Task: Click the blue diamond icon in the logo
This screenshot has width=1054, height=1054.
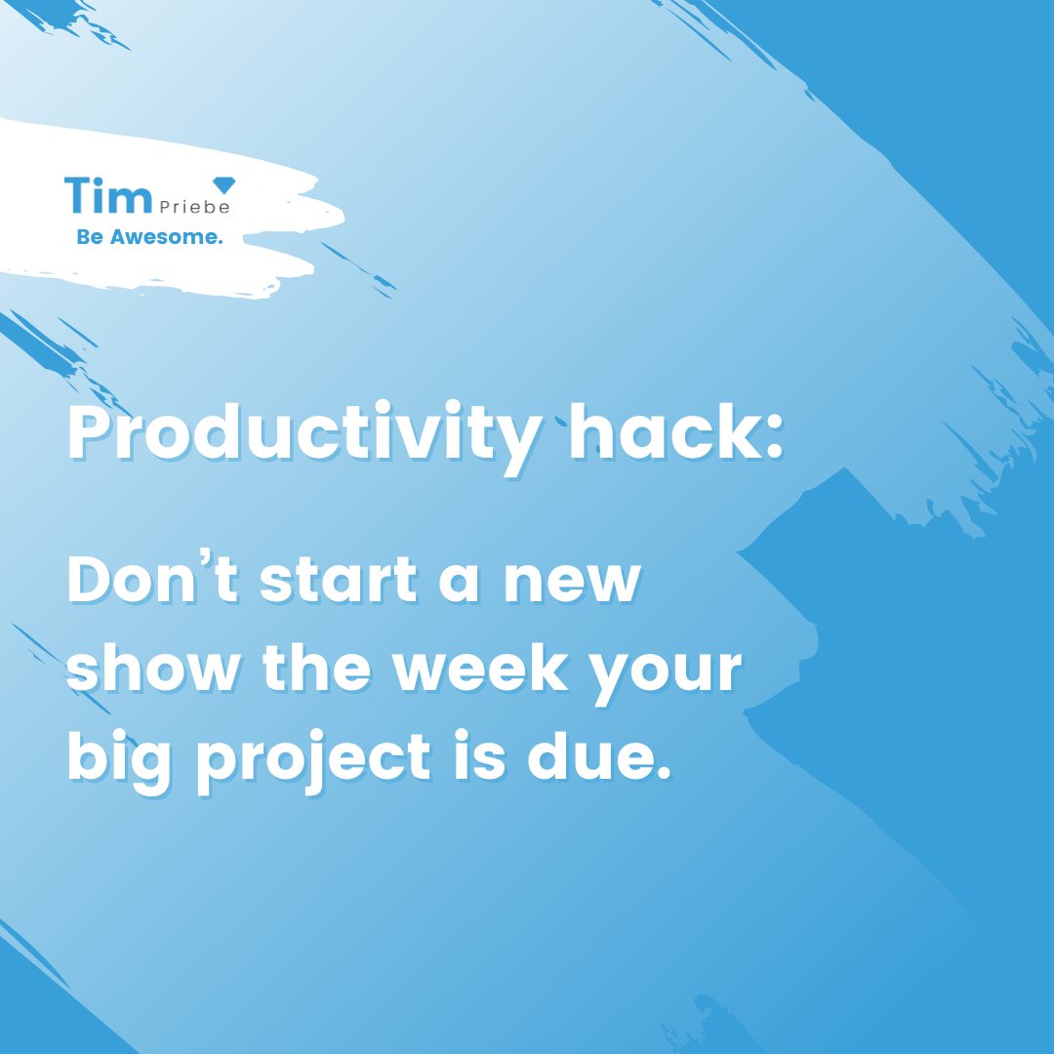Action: (x=223, y=184)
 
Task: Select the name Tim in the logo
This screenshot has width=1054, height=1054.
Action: (x=105, y=195)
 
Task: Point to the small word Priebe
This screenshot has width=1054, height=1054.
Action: (x=190, y=207)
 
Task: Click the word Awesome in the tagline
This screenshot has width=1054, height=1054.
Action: (x=167, y=237)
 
